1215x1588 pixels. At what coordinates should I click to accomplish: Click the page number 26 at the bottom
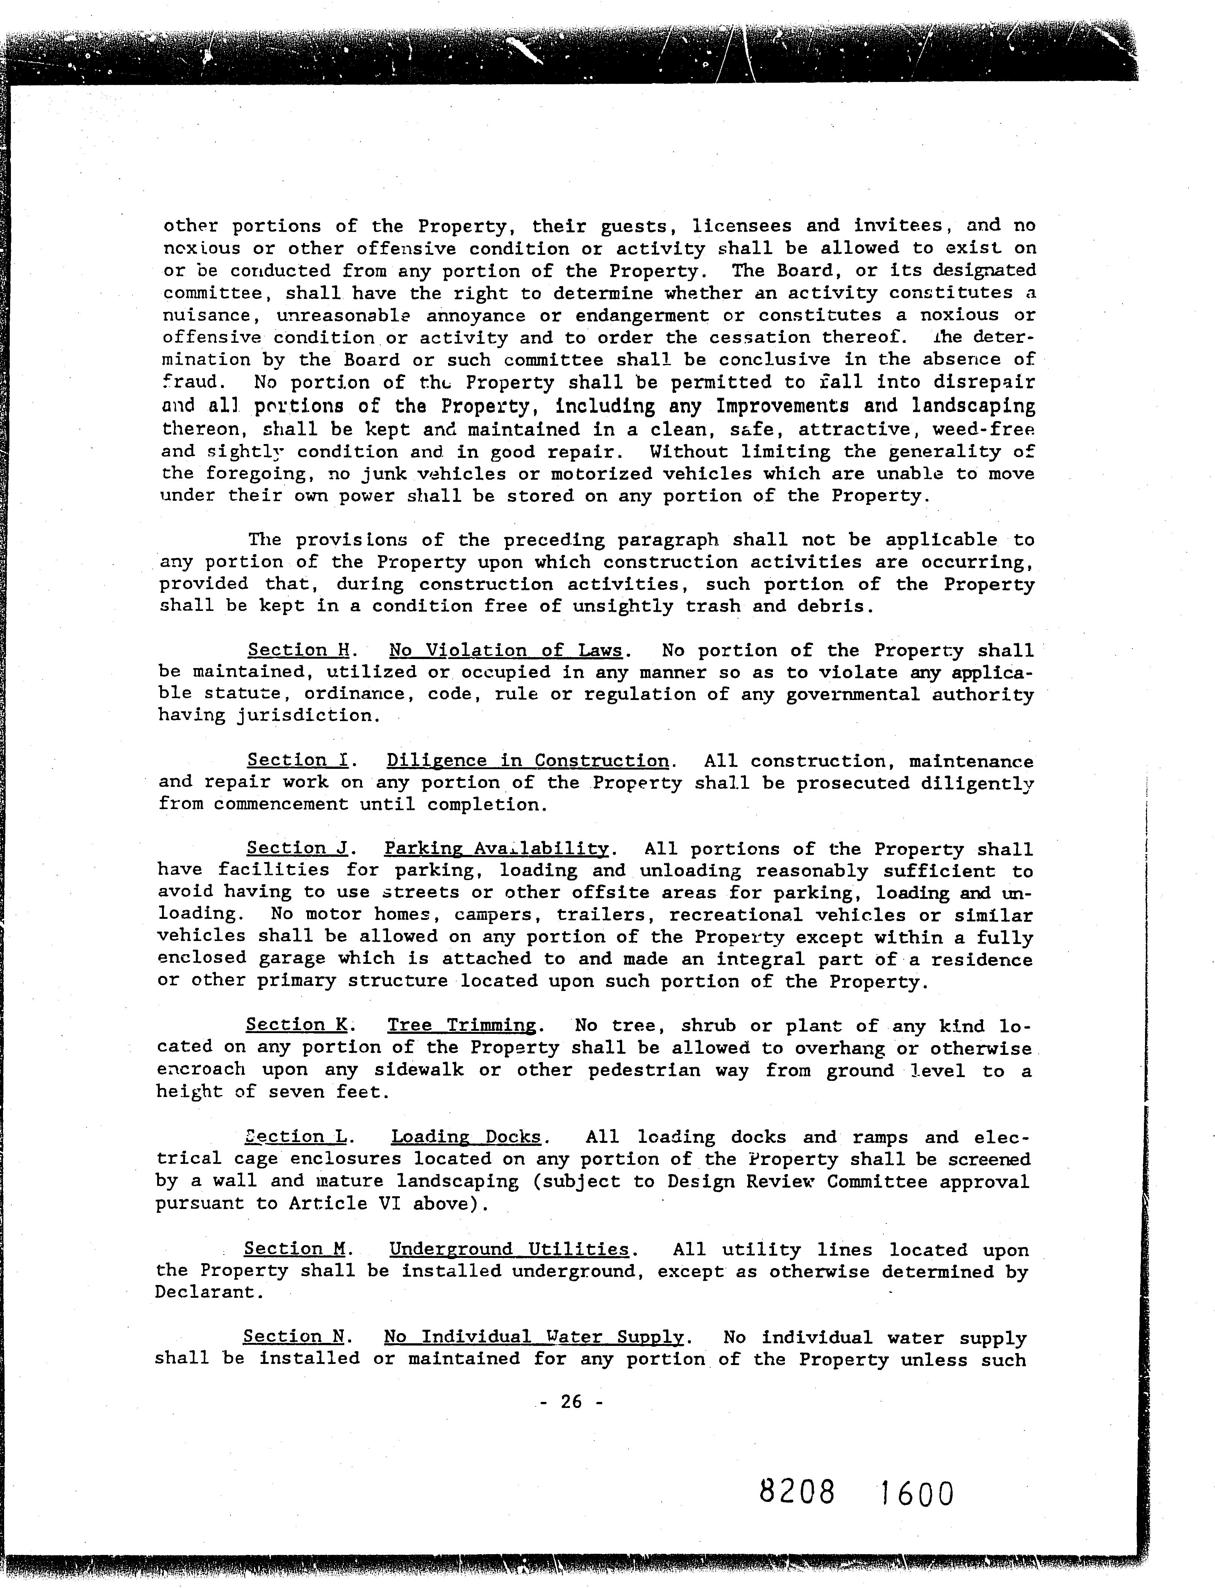pyautogui.click(x=571, y=1402)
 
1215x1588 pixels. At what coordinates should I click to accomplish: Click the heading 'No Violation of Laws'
pyautogui.click(x=506, y=650)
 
